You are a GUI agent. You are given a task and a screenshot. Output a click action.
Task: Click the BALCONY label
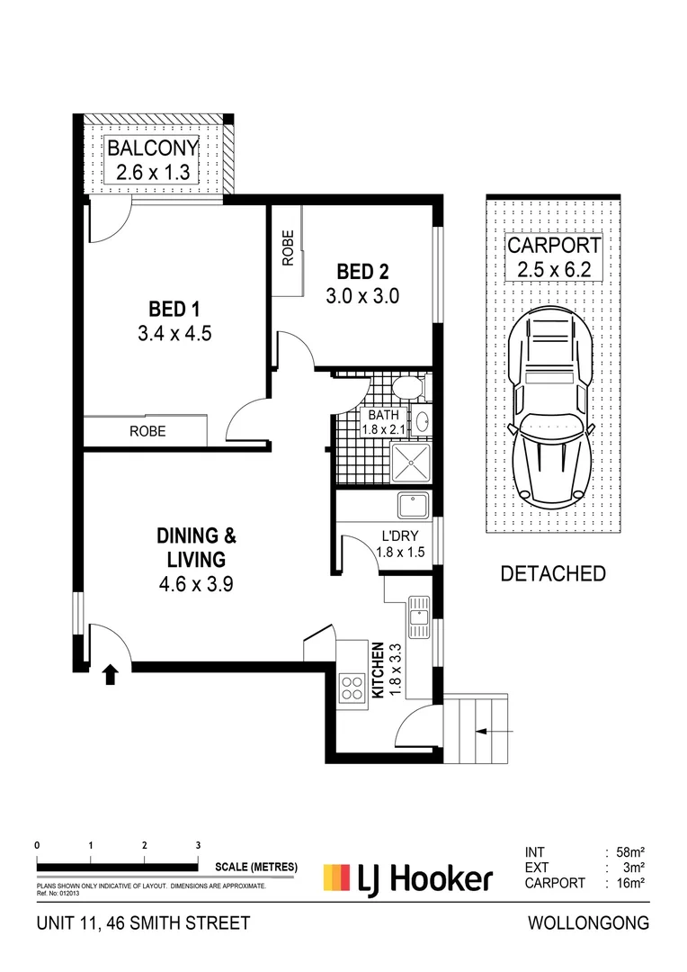pos(152,148)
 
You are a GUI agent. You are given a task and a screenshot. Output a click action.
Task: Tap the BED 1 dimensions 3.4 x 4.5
pos(174,334)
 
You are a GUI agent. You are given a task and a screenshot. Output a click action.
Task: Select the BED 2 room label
pos(363,272)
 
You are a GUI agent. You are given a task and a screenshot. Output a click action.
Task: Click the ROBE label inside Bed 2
pos(288,248)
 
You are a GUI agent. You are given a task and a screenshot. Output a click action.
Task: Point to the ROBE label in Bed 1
pos(147,431)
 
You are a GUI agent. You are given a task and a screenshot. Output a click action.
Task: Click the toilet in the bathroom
pos(408,388)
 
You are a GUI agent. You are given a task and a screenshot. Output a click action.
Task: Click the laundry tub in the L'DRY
pos(414,505)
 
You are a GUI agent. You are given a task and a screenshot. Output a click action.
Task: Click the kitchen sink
pos(419,617)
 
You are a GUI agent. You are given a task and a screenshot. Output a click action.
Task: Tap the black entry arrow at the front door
pos(111,674)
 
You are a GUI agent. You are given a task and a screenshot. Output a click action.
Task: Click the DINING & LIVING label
pos(196,547)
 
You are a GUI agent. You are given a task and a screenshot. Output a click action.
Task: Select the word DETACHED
pos(553,574)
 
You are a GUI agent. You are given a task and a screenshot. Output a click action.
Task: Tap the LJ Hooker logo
pos(408,878)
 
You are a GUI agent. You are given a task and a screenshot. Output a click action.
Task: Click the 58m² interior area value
pos(631,852)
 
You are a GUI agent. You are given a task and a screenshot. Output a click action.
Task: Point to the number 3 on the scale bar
pos(198,845)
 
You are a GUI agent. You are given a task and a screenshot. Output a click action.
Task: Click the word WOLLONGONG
pos(588,923)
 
